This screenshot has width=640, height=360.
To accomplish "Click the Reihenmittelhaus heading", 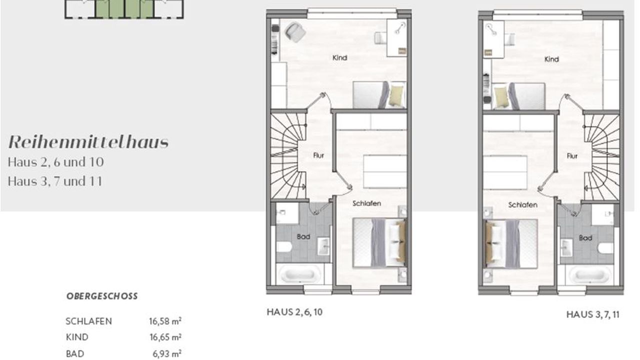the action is tap(88, 142).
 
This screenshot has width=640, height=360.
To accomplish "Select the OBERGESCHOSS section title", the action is tap(102, 296).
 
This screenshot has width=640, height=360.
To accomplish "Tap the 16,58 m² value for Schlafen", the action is tap(165, 321).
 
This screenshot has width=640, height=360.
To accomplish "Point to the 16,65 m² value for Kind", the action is tap(165, 337).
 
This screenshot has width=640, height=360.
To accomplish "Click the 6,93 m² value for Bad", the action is tap(167, 353).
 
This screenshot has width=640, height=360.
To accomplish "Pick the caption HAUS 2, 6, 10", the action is tap(294, 312).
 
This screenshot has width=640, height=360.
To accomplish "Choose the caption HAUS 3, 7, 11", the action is tap(593, 314).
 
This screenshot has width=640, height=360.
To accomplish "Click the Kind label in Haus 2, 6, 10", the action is tap(339, 57).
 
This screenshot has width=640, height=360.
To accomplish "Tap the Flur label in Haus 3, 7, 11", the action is tap(572, 156).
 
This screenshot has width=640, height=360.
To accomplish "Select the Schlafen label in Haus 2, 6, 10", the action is tap(366, 203).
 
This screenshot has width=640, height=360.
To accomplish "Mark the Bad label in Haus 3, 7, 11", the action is tap(585, 238).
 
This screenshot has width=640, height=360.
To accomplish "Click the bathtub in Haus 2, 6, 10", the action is tap(299, 274).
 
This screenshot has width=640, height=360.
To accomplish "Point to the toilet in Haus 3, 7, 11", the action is tap(605, 248).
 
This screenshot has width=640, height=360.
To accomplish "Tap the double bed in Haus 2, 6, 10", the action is tap(379, 243).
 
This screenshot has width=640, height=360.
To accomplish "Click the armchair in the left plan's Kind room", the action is tap(295, 32).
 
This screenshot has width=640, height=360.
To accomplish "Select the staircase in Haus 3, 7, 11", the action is tap(601, 156).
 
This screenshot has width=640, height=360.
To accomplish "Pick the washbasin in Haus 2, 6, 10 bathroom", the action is tap(323, 246).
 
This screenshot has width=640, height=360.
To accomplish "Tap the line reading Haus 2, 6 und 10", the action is tap(55, 162).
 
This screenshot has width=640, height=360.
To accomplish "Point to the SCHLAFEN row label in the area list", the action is tap(89, 321).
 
